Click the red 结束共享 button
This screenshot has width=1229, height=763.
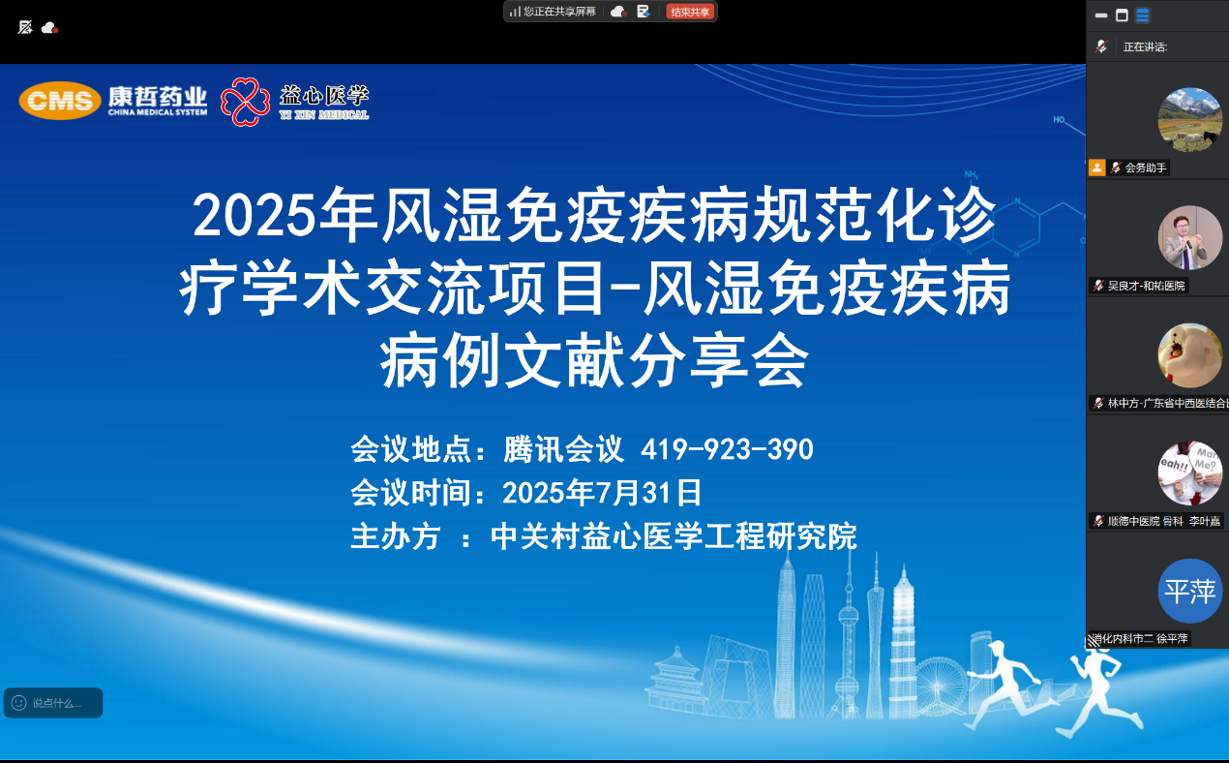[690, 12]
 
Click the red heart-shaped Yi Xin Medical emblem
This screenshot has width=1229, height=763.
[245, 101]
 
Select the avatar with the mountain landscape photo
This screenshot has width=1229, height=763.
[1189, 120]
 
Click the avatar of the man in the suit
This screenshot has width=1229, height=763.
[1189, 237]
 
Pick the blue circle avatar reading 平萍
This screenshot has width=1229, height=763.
[1189, 591]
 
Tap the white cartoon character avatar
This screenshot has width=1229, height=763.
[1189, 355]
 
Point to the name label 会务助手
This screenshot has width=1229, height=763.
[1146, 168]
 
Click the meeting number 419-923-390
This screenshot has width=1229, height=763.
[727, 449]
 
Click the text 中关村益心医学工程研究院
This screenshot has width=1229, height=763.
[674, 536]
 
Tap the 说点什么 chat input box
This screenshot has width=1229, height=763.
[53, 703]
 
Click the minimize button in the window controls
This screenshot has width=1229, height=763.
[1101, 15]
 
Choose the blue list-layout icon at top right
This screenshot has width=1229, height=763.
[1143, 15]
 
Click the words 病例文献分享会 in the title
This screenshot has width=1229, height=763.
[594, 361]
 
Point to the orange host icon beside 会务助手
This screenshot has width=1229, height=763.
[1096, 168]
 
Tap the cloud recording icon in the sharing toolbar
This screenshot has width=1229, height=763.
[617, 12]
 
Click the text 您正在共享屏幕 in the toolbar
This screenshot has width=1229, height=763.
[559, 12]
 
